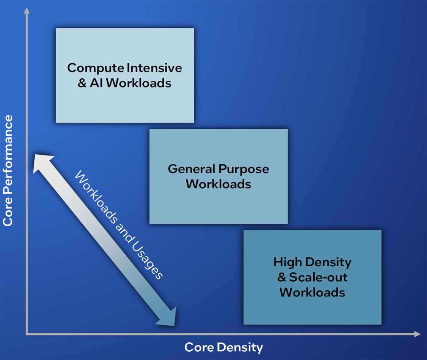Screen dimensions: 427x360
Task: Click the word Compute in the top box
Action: [x=96, y=68]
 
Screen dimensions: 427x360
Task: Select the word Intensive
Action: [x=155, y=68]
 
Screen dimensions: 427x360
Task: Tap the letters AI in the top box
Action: [x=96, y=83]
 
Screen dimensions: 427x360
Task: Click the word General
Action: [x=191, y=169]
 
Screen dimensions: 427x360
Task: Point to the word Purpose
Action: [x=244, y=169]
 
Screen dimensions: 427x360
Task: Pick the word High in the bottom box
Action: [x=287, y=263]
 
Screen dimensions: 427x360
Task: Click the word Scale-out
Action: [x=318, y=277]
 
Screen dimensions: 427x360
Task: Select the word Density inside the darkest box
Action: [x=328, y=263]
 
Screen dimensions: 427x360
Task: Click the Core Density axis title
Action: [x=223, y=348]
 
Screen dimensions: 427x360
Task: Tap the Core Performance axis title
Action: [x=8, y=171]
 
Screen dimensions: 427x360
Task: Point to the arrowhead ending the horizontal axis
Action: [x=417, y=334]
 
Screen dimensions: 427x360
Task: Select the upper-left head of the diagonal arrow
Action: [x=42, y=163]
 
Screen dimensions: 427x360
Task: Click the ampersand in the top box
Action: [x=82, y=83]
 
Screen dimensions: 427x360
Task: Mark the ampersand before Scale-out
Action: [x=282, y=277]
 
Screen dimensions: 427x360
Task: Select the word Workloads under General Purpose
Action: [x=218, y=184]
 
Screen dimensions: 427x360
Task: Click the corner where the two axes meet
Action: [x=26, y=334]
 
